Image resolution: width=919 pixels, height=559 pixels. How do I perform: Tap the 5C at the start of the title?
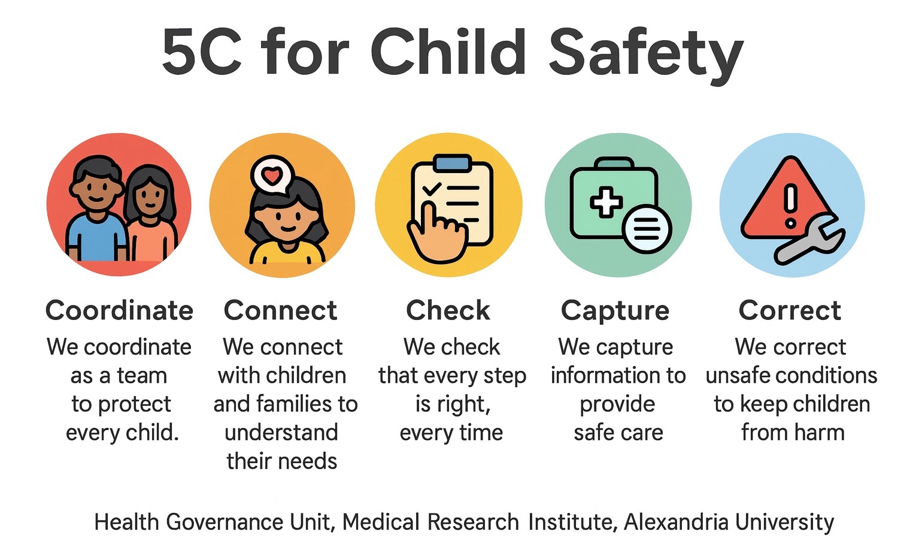coord(201,52)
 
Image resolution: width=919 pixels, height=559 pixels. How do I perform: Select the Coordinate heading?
coord(119,310)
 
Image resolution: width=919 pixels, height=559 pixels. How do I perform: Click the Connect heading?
coord(281,310)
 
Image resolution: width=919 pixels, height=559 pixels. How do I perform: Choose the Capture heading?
coord(615,311)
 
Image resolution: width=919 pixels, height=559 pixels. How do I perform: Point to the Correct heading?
coord(790,310)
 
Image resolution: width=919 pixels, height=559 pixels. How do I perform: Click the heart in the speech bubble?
coord(272,176)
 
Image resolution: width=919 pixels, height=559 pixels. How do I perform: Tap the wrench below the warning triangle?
coord(809,240)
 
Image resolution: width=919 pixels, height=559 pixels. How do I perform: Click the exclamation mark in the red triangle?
coord(790,206)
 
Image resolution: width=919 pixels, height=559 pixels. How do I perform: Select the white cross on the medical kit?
coord(606,202)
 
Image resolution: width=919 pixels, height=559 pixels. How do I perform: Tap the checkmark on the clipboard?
coord(432,189)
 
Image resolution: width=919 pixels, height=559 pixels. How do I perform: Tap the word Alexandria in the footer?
coord(677,522)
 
